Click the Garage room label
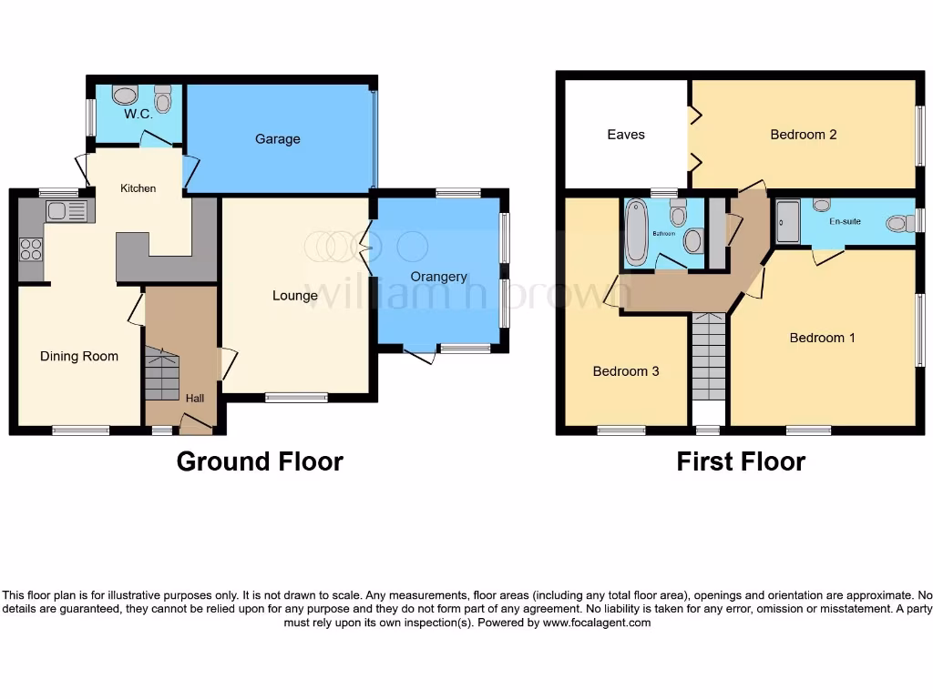[277, 139]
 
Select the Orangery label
[438, 277]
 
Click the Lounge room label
[295, 295]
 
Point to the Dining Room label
[79, 356]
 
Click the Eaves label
[626, 135]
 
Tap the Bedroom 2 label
[804, 135]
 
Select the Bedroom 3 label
[626, 371]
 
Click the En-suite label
[846, 220]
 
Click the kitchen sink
[67, 211]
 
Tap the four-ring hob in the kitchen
[31, 248]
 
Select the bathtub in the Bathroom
[636, 232]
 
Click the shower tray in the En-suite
[787, 222]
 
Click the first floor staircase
[708, 357]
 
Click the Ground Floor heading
[260, 461]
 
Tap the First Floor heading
[741, 461]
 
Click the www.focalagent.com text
[597, 623]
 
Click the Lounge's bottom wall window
[296, 397]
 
